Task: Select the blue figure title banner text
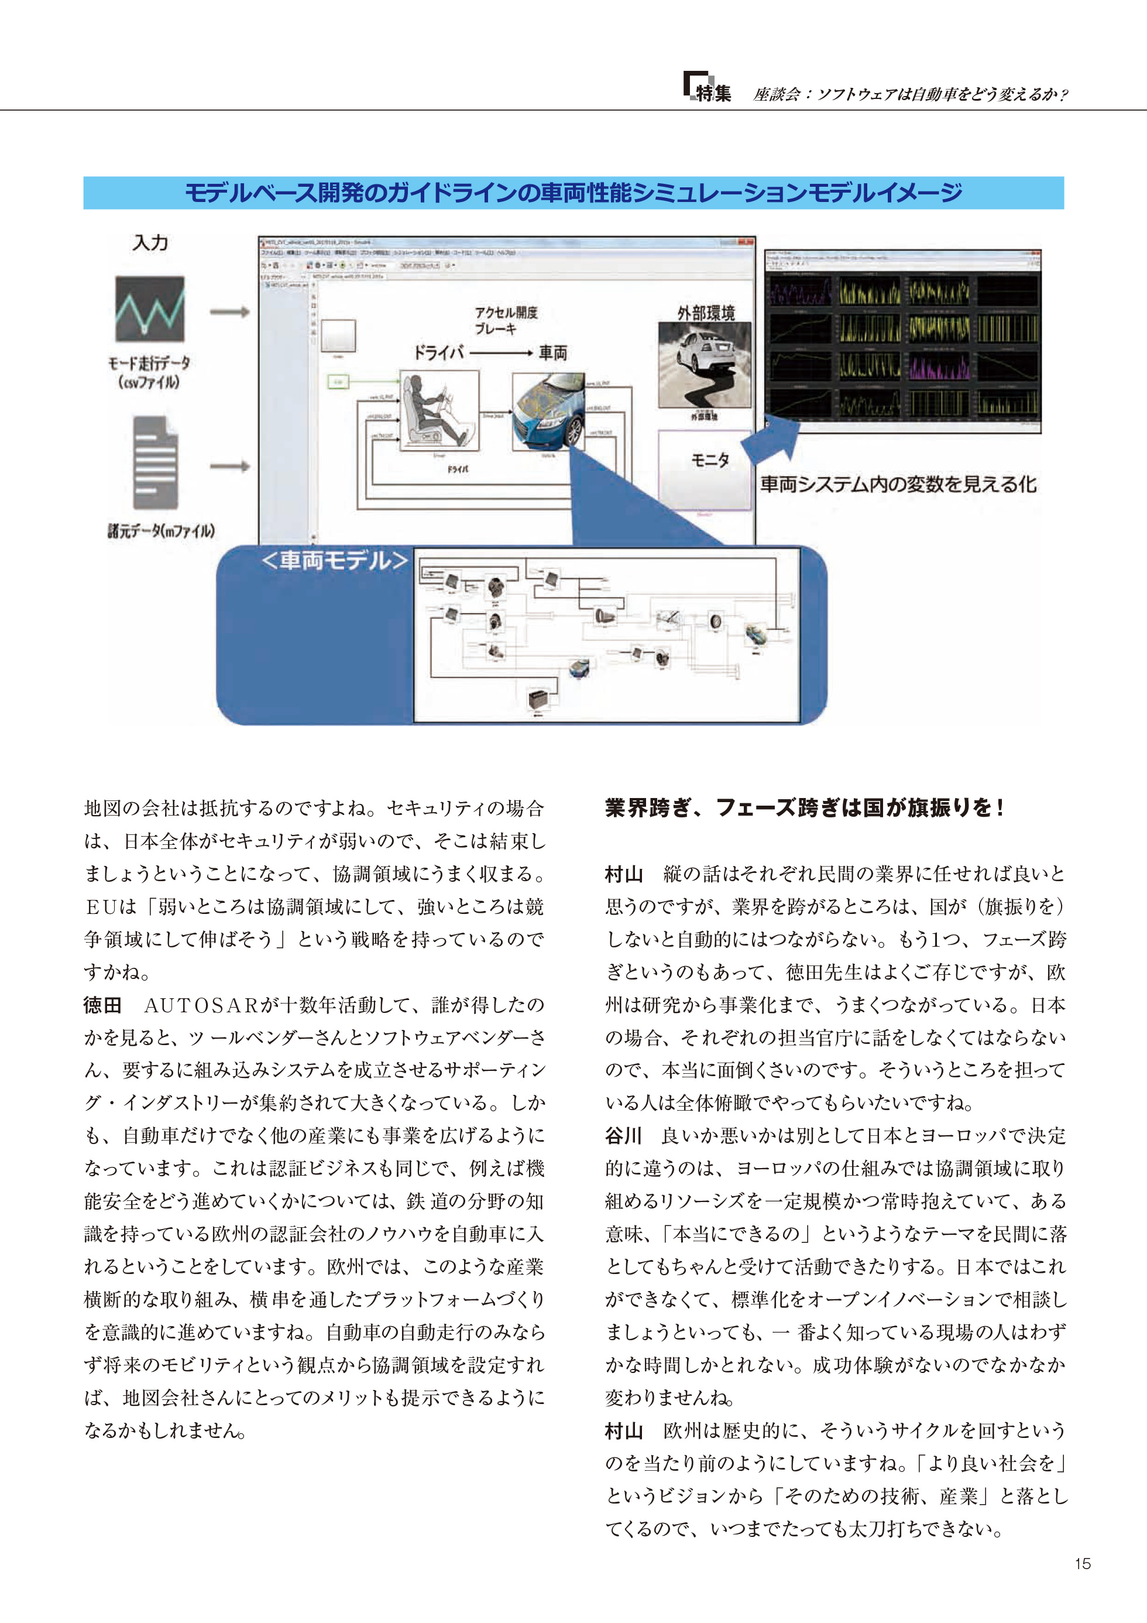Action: [x=573, y=192]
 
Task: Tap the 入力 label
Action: [x=150, y=242]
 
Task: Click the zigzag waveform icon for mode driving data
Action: [x=150, y=309]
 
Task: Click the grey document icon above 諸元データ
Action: [x=156, y=463]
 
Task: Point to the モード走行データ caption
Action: [x=149, y=372]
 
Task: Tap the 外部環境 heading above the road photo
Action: [x=705, y=313]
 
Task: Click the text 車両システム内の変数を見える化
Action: [x=898, y=484]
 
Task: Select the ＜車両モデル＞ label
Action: [x=334, y=560]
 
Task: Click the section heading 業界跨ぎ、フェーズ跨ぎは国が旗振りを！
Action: [x=804, y=807]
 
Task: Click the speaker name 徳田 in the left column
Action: [x=102, y=1005]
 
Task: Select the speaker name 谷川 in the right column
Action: [x=623, y=1135]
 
